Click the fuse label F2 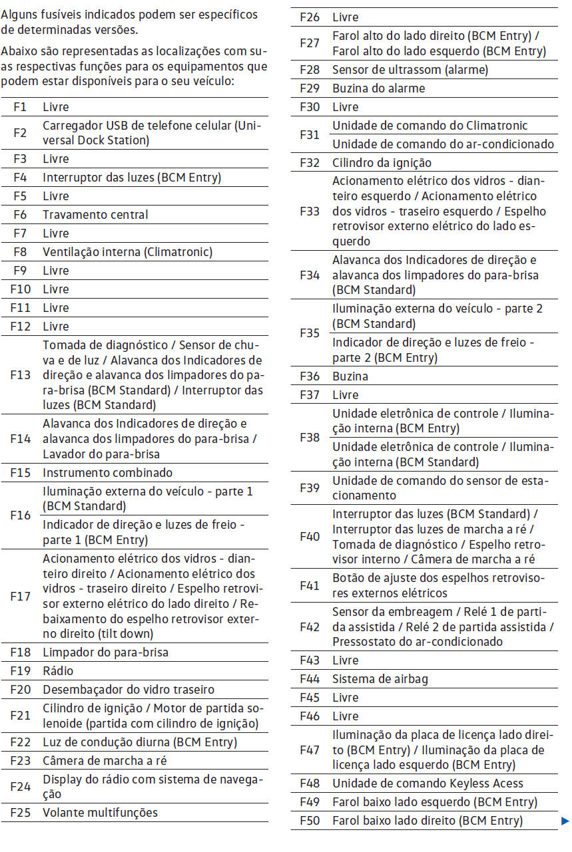(20, 132)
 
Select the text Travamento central (95, 214)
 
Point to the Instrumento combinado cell (107, 473)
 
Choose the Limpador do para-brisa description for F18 (105, 652)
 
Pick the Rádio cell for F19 (58, 671)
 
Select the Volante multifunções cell (101, 813)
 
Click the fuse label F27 (310, 43)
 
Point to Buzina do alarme (378, 88)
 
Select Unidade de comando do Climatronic (429, 126)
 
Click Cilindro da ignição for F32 (382, 163)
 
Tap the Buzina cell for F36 (350, 376)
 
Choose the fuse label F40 (310, 537)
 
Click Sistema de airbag (380, 679)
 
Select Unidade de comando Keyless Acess (428, 783)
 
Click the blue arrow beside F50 (565, 821)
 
